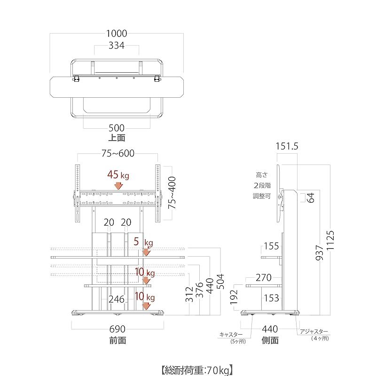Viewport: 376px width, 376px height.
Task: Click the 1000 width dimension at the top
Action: pos(117,33)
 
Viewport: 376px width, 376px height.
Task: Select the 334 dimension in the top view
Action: pos(117,46)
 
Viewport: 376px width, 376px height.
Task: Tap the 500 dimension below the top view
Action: pos(117,128)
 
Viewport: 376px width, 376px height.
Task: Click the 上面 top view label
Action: pos(117,138)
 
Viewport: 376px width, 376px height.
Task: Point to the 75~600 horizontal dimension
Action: pos(118,153)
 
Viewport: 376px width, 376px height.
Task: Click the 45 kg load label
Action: pos(118,175)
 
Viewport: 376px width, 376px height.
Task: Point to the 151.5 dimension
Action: pos(287,146)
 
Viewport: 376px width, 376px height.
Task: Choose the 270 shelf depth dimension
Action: pos(264,278)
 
